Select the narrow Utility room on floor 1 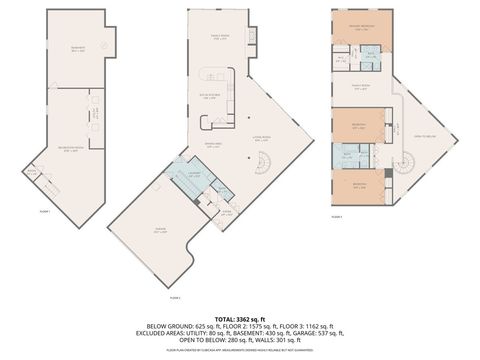95,113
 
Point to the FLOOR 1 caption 44,212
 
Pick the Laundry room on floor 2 197,177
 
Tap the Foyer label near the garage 226,212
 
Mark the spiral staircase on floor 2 262,165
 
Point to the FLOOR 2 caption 175,297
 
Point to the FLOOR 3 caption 338,215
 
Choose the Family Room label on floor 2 220,36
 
